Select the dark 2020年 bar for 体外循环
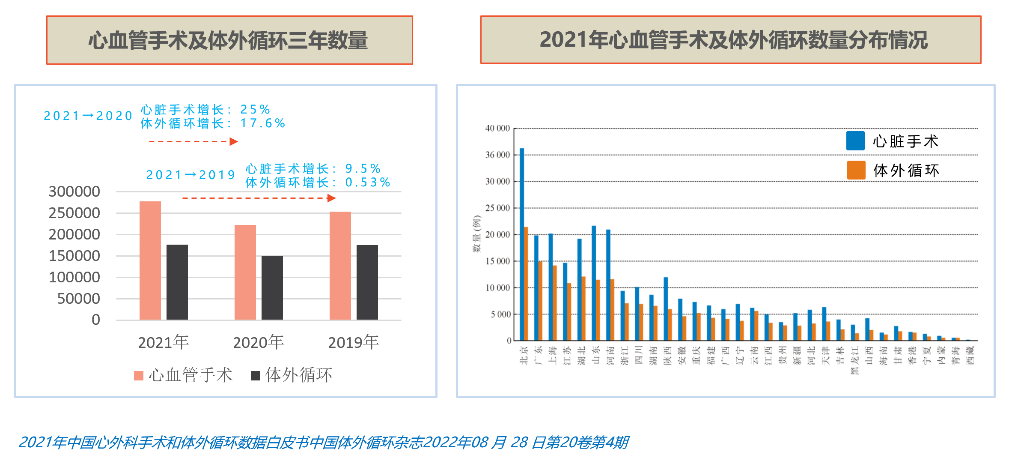[272, 287]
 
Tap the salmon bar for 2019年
[340, 266]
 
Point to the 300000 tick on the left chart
[74, 192]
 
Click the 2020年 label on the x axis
[259, 342]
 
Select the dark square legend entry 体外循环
[292, 375]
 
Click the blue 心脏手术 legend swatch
[855, 141]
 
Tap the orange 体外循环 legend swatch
[856, 170]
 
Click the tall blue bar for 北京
[522, 244]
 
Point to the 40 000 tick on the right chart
[497, 128]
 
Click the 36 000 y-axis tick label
[497, 155]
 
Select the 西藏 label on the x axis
[970, 355]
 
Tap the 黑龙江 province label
[855, 360]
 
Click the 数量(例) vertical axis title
[476, 234]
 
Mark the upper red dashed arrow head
[234, 141]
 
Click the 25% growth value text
[255, 109]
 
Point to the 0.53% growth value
[368, 183]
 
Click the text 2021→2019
[190, 175]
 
